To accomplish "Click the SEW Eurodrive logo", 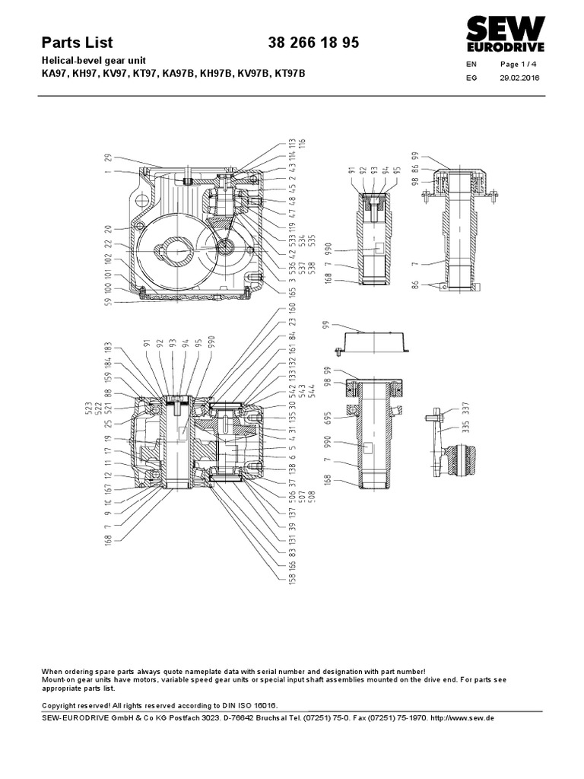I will [x=505, y=33].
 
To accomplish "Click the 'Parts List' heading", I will [x=77, y=43].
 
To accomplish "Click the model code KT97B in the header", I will [x=292, y=74].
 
